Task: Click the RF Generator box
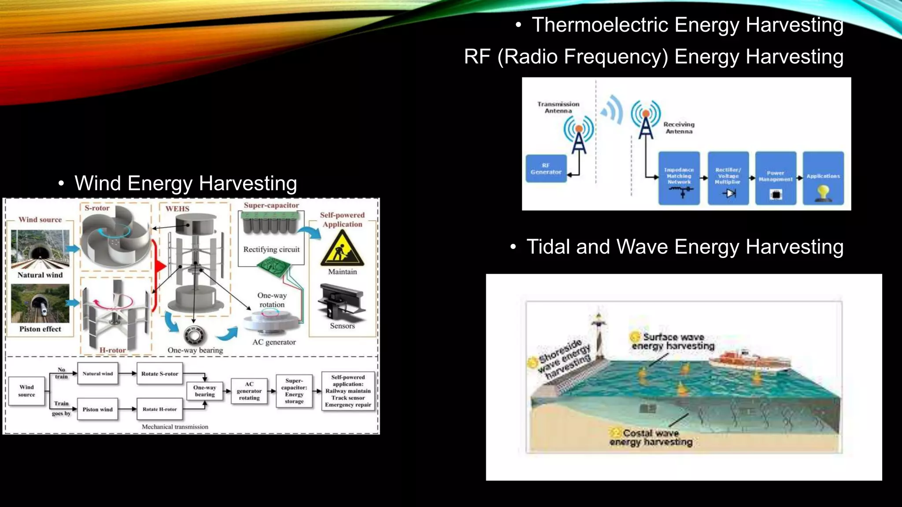point(546,169)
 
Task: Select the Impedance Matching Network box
point(679,178)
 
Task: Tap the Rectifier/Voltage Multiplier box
point(728,178)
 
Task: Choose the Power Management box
point(775,178)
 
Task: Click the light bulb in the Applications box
point(823,192)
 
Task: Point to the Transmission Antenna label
point(558,107)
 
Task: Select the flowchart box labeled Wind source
point(26,391)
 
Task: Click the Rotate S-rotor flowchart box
point(159,374)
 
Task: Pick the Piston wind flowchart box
point(97,409)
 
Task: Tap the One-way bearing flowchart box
point(204,391)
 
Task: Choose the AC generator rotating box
point(249,391)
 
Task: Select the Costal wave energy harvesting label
point(651,437)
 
